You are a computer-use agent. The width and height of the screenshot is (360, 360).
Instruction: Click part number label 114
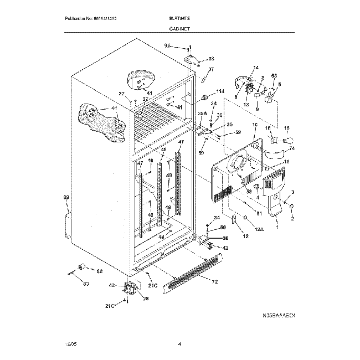pos(220,91)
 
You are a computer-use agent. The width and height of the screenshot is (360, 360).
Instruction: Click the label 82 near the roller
pos(100,272)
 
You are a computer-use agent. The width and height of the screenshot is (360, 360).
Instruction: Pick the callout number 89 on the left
pos(66,198)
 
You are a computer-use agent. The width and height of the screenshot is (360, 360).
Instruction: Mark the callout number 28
pos(146,299)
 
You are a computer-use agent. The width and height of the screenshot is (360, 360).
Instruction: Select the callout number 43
pos(112,286)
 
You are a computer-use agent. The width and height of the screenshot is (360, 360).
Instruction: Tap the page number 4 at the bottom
pos(180,344)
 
